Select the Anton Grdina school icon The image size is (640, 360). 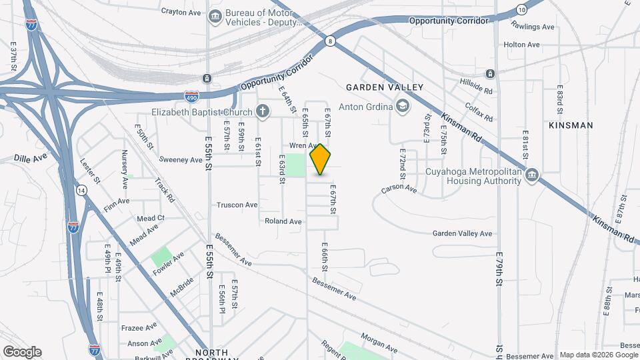click(x=403, y=105)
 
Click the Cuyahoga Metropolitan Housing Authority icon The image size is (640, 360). click(x=531, y=176)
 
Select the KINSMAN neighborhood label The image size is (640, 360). click(x=570, y=125)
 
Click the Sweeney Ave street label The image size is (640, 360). click(x=181, y=160)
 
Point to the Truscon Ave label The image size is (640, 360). click(x=237, y=205)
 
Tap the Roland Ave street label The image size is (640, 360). click(x=283, y=221)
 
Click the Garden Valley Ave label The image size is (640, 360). click(x=462, y=233)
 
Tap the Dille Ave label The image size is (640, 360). click(x=31, y=159)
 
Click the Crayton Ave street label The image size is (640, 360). click(x=181, y=11)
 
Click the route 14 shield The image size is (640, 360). click(x=81, y=191)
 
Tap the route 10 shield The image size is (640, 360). click(x=521, y=9)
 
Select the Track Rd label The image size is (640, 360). click(x=164, y=189)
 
